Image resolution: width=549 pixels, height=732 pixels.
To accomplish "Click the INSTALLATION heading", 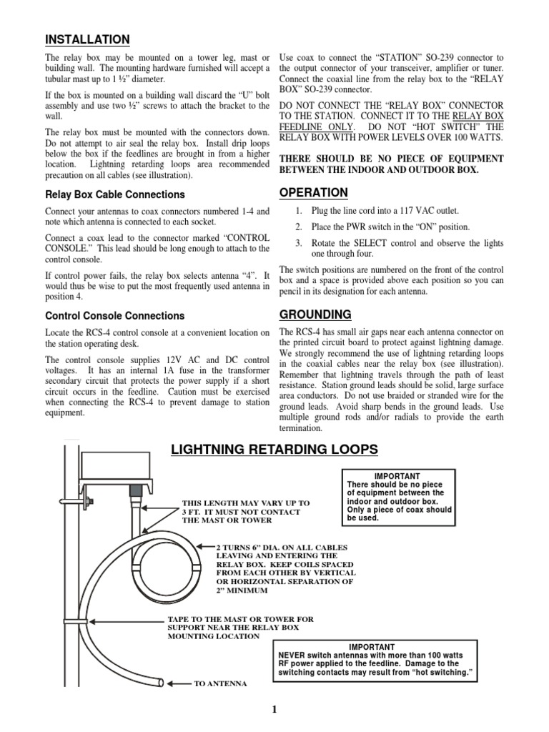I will [x=87, y=39].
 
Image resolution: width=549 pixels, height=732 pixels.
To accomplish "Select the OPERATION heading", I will [x=314, y=192].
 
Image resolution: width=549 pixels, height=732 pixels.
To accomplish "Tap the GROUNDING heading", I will [x=315, y=314].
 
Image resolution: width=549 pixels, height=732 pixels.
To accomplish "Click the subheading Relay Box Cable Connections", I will [x=114, y=194].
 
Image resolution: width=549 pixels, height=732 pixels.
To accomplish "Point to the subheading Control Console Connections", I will [x=114, y=315].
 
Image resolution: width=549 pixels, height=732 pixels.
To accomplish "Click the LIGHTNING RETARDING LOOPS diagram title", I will [x=274, y=449].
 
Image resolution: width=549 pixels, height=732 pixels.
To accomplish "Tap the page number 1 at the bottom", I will [x=274, y=709].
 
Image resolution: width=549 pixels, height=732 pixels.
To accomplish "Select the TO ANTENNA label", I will [x=221, y=684].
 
